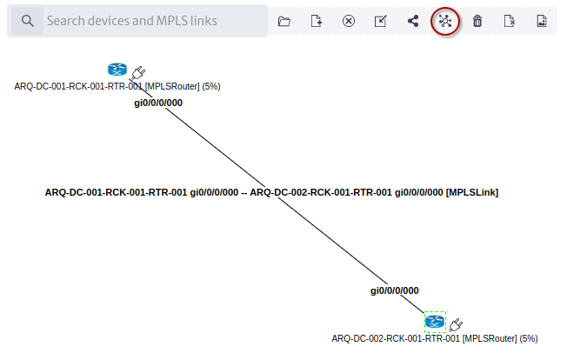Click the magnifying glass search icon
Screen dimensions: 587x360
27,21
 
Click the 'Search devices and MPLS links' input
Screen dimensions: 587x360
155,21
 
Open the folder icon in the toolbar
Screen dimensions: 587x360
284,22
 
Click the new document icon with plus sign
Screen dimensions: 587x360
317,21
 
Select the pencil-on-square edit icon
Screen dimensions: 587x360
381,21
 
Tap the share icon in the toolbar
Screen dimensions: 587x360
413,21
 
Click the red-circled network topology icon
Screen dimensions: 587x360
445,22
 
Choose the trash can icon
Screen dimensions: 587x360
477,21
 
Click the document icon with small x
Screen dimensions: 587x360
510,21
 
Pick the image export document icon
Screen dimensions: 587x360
542,21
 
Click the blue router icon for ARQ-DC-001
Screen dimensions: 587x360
117,70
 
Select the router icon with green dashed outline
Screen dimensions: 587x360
435,322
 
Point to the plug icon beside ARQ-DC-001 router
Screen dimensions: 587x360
138,72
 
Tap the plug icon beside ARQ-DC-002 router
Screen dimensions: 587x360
456,325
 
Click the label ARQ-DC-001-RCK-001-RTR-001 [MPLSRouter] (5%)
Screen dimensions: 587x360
117,86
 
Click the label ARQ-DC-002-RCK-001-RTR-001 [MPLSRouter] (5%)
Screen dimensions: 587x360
435,338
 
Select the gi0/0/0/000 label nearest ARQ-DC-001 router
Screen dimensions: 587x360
158,103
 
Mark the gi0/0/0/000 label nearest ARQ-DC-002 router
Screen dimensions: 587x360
395,290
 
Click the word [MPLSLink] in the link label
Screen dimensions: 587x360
472,192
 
